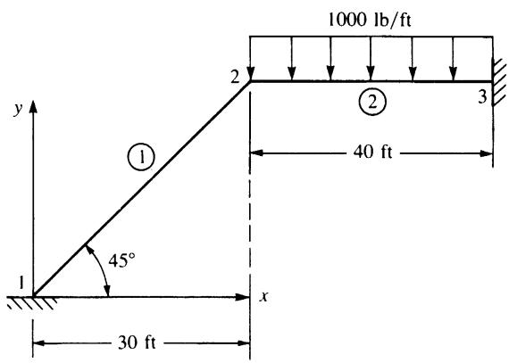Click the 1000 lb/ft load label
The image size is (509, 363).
(x=370, y=20)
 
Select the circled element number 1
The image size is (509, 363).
(x=141, y=157)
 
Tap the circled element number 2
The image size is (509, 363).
(x=372, y=102)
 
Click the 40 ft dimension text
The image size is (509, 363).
(x=372, y=152)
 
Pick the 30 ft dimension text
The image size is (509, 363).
(x=137, y=342)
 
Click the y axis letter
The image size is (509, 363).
(x=18, y=109)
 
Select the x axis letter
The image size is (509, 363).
(x=264, y=296)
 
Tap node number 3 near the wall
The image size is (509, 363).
(x=483, y=96)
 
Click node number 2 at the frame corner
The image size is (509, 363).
(x=235, y=78)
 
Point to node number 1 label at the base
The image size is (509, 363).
(x=21, y=283)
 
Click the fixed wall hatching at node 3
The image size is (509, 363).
(x=499, y=82)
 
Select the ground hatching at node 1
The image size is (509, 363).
(x=32, y=302)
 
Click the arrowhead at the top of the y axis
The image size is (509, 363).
(x=33, y=107)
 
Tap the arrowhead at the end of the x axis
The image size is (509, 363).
(x=242, y=297)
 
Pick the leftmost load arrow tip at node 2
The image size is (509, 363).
(x=250, y=79)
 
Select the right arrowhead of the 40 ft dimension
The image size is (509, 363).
(x=486, y=153)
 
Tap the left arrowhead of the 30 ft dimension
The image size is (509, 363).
(x=40, y=343)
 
